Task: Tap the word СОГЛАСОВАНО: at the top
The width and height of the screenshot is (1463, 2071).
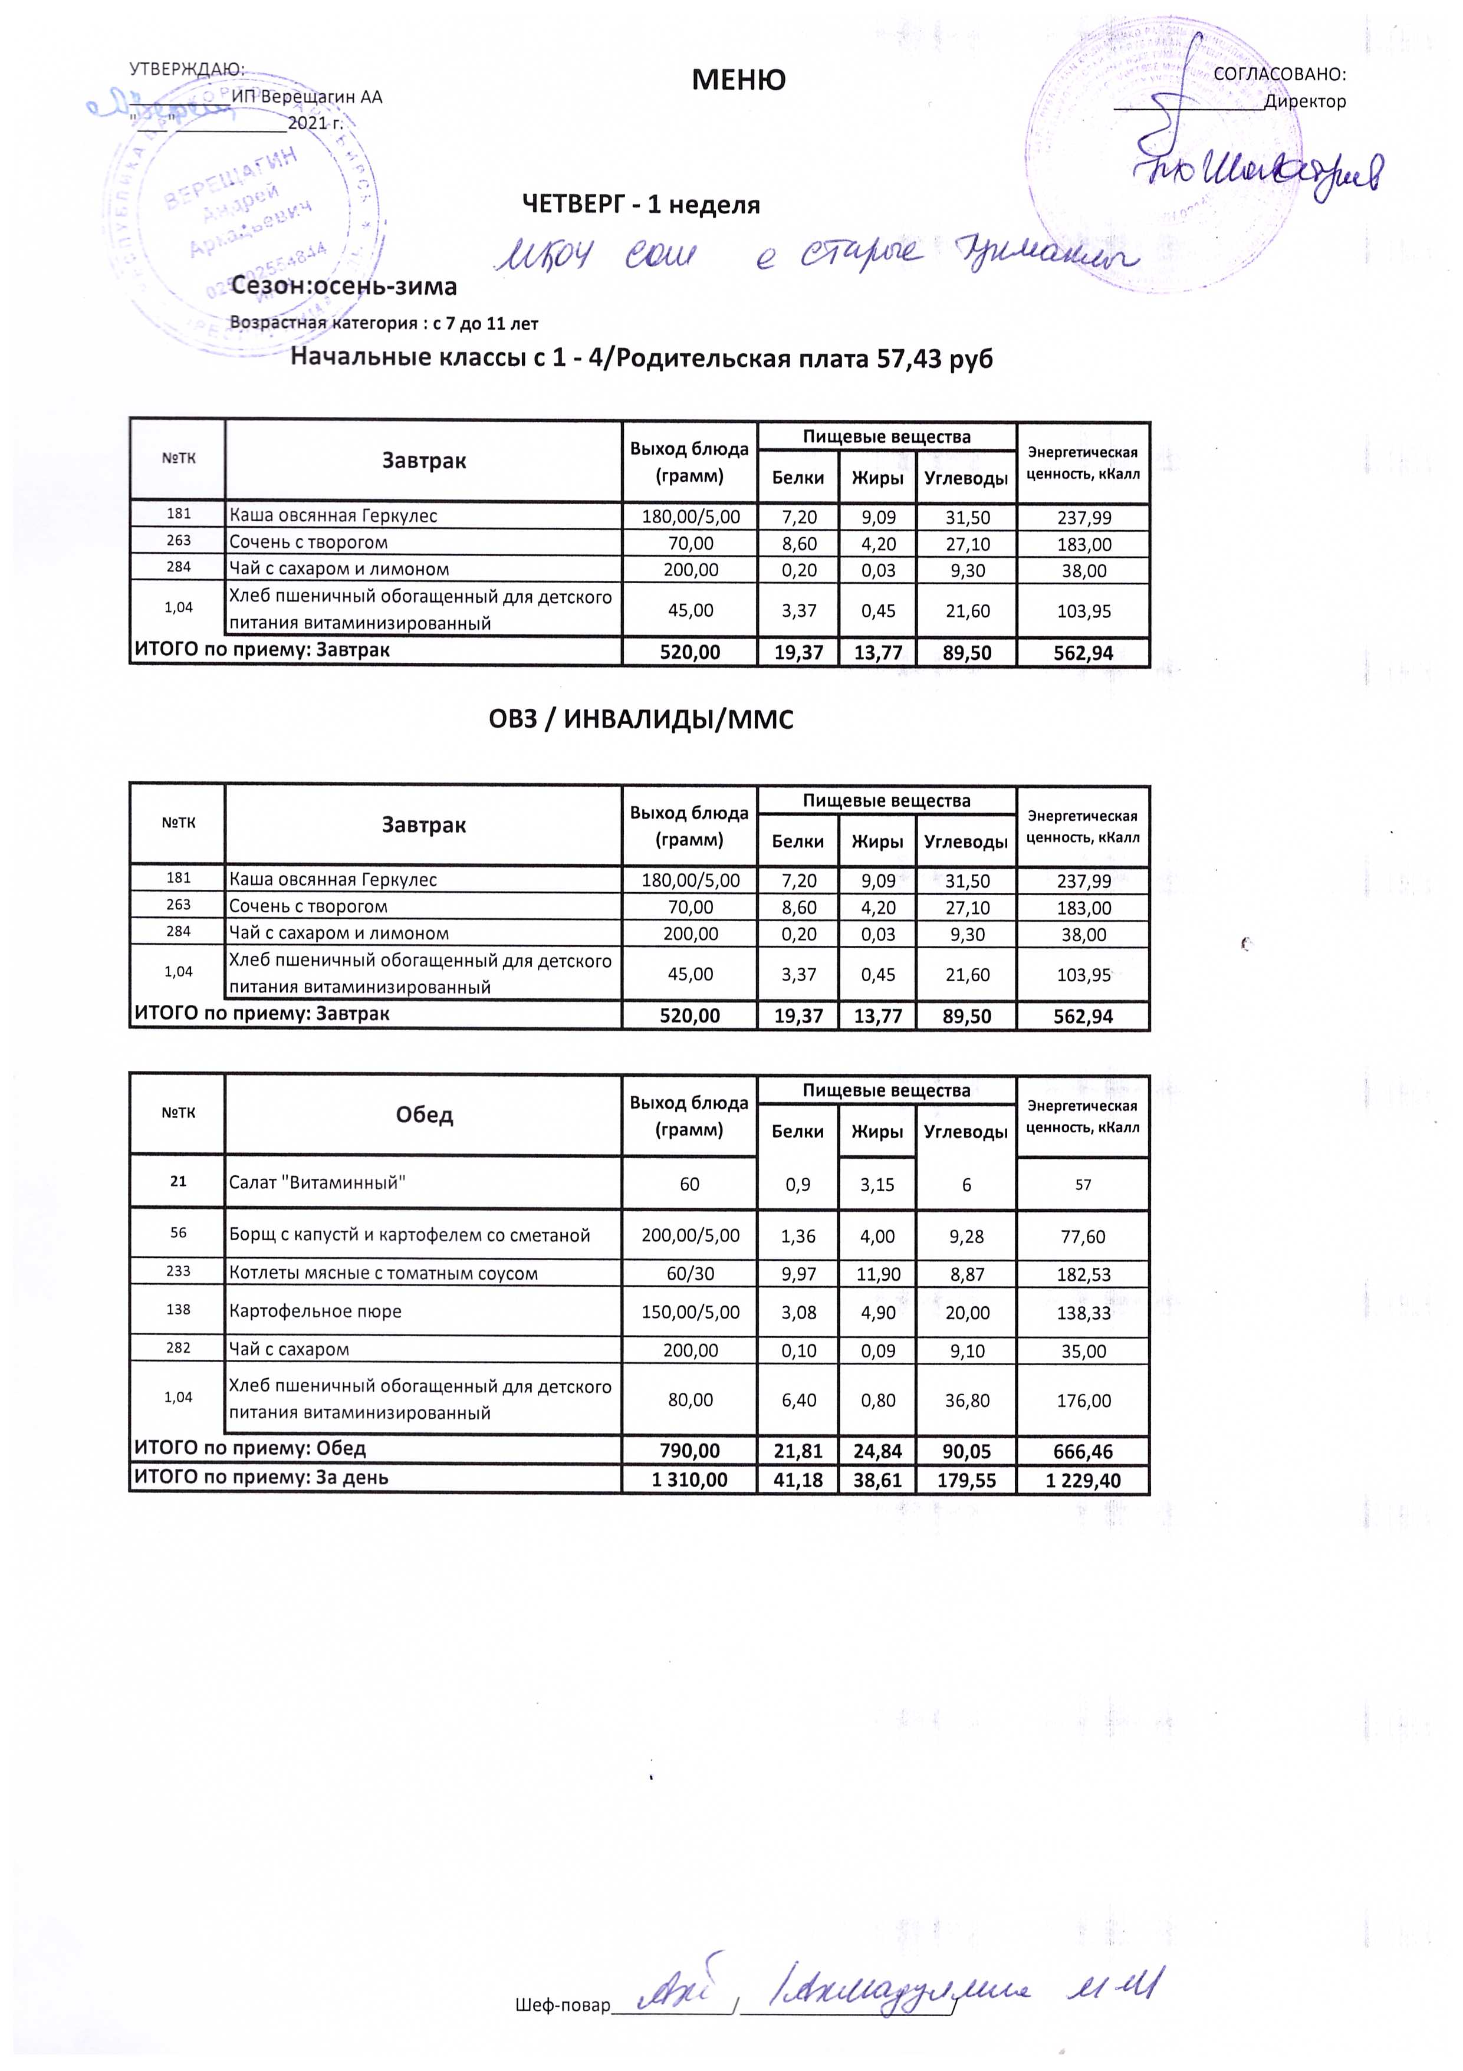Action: (x=1279, y=75)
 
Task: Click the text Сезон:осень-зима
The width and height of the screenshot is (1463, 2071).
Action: (x=344, y=287)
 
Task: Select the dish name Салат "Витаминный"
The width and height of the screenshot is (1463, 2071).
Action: (x=317, y=1182)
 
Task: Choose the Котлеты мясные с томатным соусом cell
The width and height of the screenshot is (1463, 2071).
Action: (x=383, y=1274)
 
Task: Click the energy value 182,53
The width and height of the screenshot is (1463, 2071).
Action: (x=1083, y=1274)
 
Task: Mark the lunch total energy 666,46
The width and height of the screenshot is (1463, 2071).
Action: (x=1083, y=1451)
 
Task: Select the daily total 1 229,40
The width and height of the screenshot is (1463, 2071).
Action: (x=1083, y=1480)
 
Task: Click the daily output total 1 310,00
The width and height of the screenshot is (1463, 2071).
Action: (x=690, y=1480)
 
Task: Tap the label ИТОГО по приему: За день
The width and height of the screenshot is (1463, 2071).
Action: (x=262, y=1478)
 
